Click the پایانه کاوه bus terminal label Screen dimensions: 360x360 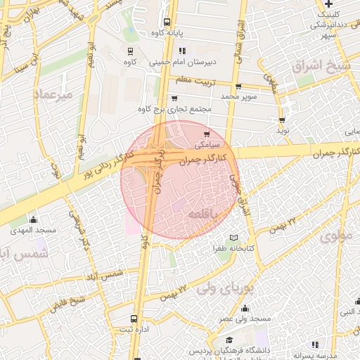[167, 33]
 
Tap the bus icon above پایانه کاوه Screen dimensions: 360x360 [167, 22]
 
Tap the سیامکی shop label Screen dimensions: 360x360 [206, 144]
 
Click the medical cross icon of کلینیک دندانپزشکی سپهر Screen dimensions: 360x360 [328, 4]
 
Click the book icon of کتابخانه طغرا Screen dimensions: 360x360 [234, 238]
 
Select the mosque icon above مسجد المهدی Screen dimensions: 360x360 [32, 220]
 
